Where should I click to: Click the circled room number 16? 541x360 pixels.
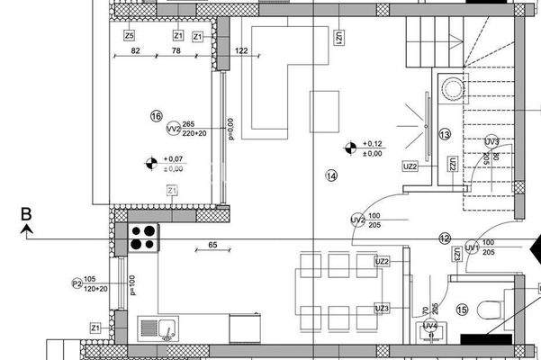pyautogui.click(x=157, y=116)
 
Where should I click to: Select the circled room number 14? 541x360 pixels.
pyautogui.click(x=332, y=175)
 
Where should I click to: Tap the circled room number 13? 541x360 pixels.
pyautogui.click(x=444, y=134)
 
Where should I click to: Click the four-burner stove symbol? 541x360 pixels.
pyautogui.click(x=144, y=237)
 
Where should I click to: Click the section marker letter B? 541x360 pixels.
pyautogui.click(x=27, y=214)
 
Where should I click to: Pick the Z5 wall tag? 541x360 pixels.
pyautogui.click(x=130, y=36)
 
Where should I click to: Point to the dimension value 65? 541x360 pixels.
pyautogui.click(x=212, y=245)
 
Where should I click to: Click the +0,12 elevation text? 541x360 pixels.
pyautogui.click(x=373, y=144)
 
